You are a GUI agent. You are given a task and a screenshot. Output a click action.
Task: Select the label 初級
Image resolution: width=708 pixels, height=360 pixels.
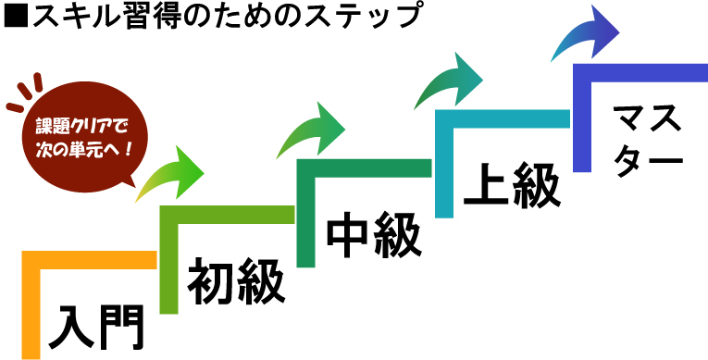click(x=236, y=282)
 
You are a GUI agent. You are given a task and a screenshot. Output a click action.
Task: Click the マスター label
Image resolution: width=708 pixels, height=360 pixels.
click(x=647, y=136)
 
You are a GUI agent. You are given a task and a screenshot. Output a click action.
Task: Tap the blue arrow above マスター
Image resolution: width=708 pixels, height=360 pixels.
click(x=587, y=37)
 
